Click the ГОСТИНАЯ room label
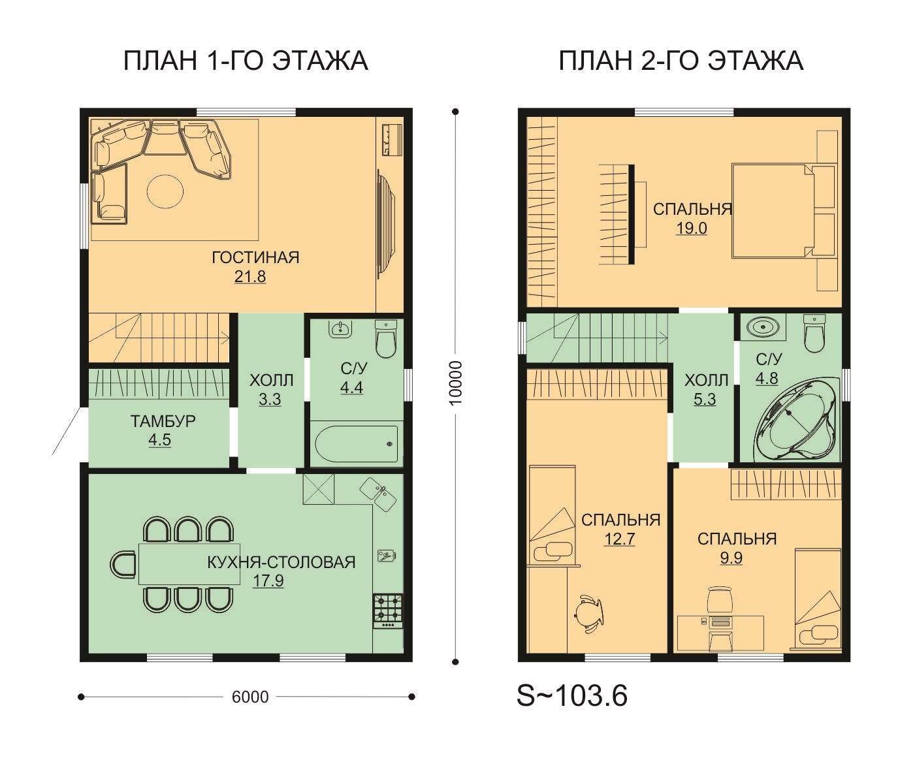pyautogui.click(x=255, y=257)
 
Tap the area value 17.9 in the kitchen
pyautogui.click(x=268, y=580)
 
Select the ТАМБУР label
pyautogui.click(x=163, y=421)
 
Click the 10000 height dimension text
pyautogui.click(x=456, y=383)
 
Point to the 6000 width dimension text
pyautogui.click(x=250, y=697)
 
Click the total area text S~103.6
pyautogui.click(x=572, y=696)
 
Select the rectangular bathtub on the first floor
pyautogui.click(x=357, y=443)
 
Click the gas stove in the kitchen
pyautogui.click(x=388, y=611)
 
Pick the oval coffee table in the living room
pyautogui.click(x=165, y=191)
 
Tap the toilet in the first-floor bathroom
pyautogui.click(x=386, y=339)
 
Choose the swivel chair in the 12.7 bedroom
pyautogui.click(x=587, y=612)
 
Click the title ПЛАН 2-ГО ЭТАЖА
pyautogui.click(x=681, y=61)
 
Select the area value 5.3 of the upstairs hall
pyautogui.click(x=705, y=399)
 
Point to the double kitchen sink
pyautogui.click(x=378, y=494)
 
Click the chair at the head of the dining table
pyautogui.click(x=123, y=564)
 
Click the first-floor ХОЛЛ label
pyautogui.click(x=271, y=380)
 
